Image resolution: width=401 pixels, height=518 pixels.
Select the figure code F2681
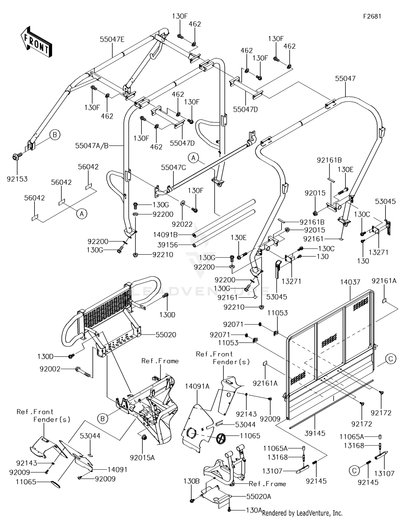tap(372, 16)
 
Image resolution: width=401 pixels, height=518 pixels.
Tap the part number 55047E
tap(112, 40)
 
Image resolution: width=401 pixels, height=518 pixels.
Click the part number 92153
tap(17, 179)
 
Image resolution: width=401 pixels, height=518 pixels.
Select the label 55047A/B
tap(92, 146)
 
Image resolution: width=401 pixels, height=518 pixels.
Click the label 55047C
tap(173, 168)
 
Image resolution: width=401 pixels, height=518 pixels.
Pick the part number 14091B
tap(165, 235)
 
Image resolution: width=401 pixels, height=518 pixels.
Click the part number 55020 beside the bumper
tap(166, 335)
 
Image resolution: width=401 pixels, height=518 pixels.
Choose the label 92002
tap(50, 369)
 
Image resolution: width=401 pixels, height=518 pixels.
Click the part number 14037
tap(350, 282)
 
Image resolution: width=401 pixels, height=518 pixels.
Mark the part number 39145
tap(315, 433)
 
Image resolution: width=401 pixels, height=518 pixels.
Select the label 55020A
tap(259, 497)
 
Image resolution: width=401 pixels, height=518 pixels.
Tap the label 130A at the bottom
tap(253, 510)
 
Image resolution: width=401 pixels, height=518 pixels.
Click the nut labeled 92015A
tap(144, 438)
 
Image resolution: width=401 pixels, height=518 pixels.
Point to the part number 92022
tap(182, 224)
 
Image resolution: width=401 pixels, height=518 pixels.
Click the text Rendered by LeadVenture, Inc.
tap(302, 513)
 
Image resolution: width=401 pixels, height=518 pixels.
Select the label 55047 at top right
tap(345, 79)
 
